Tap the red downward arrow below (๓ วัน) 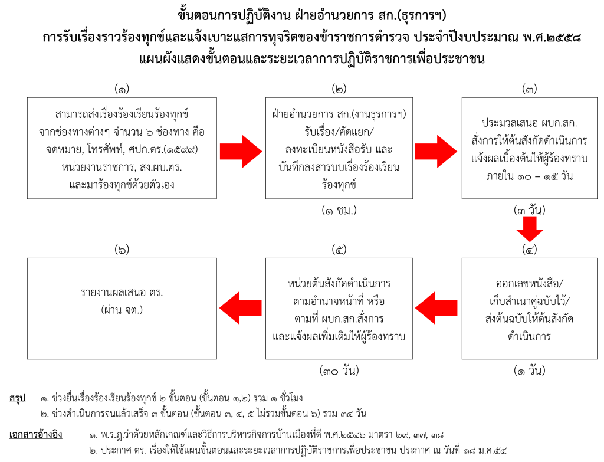point(529,229)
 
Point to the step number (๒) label point(339,89)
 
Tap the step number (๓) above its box point(529,89)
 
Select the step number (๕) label point(339,250)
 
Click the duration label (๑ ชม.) point(339,210)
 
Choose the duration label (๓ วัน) point(529,210)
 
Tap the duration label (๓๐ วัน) point(339,371)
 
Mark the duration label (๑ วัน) point(529,371)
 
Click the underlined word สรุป point(18,398)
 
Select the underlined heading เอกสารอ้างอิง point(36,435)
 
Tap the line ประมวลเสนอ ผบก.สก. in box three point(529,124)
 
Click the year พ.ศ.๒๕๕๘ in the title point(541,37)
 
